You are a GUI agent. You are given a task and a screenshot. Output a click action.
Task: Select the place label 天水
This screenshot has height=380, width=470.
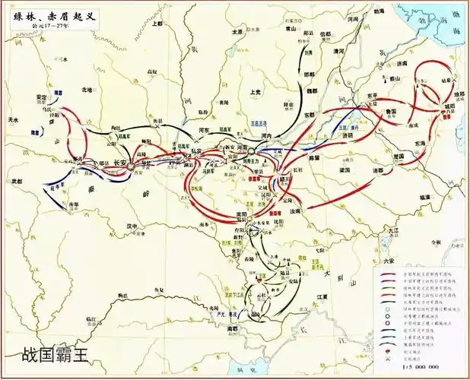tap(13, 120)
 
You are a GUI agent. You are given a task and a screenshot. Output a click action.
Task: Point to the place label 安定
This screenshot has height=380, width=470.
tap(42, 97)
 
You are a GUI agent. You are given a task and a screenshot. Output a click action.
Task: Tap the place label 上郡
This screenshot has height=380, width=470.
tap(157, 24)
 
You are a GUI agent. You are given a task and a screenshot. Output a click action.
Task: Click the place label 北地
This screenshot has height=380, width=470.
tap(87, 90)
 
